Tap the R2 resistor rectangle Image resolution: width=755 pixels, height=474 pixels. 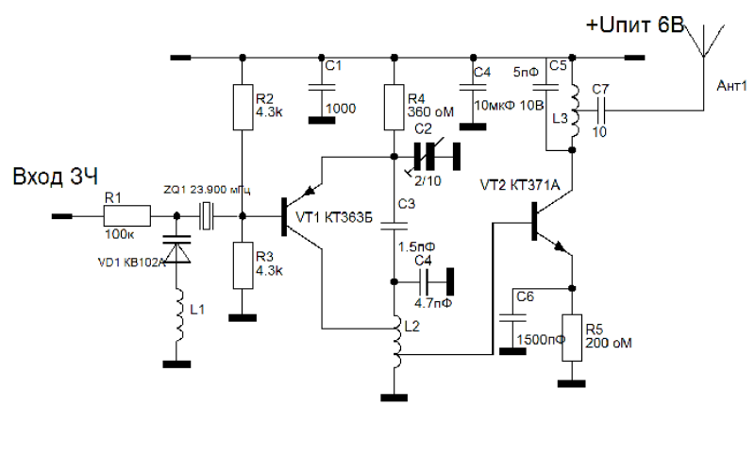(243, 110)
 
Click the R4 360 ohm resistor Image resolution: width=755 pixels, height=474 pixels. (394, 106)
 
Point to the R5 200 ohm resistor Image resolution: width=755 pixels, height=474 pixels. (572, 338)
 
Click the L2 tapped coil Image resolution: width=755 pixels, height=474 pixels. (394, 346)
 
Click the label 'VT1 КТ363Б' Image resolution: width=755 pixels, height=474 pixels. (335, 218)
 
